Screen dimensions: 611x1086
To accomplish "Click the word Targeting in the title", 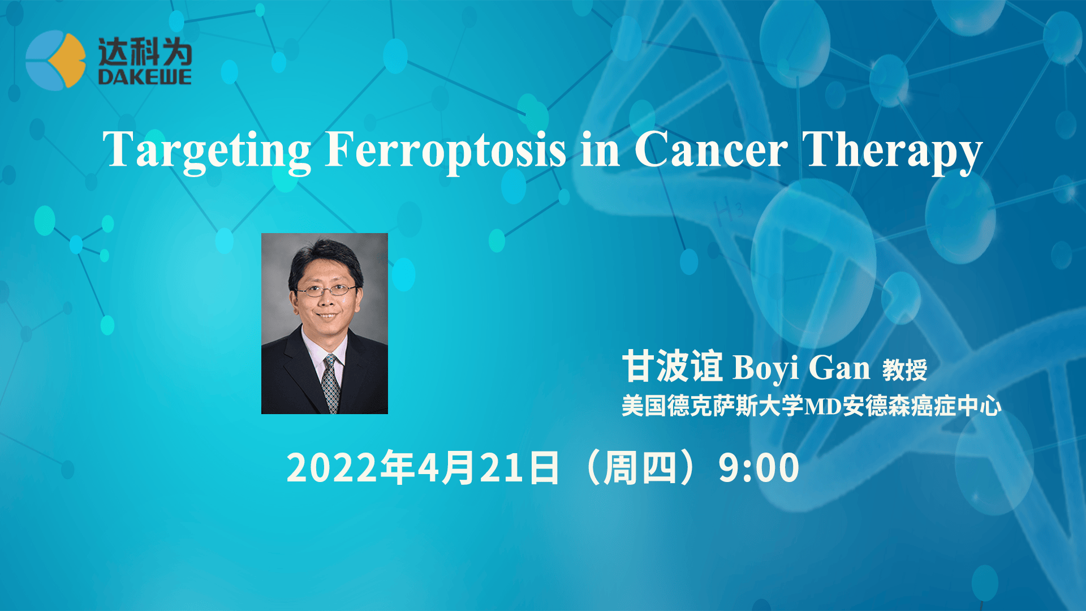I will click(x=206, y=150).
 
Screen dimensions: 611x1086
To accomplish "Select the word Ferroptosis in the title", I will click(x=445, y=150).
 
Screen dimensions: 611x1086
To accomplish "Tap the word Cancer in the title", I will click(x=710, y=149).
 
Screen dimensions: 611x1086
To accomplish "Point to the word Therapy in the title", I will click(x=892, y=150).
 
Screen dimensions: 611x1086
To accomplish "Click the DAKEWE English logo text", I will click(x=145, y=77).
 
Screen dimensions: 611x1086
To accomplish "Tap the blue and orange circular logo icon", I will click(x=55, y=60).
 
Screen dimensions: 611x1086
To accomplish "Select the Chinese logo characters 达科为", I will click(x=145, y=52).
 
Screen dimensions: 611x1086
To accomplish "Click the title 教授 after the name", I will click(x=904, y=371).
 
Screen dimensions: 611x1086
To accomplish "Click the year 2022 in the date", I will click(x=332, y=468).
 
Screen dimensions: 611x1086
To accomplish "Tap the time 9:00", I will click(x=759, y=468).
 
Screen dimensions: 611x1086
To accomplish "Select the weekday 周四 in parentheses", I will click(x=639, y=468).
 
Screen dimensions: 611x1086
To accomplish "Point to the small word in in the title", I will click(x=600, y=150).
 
